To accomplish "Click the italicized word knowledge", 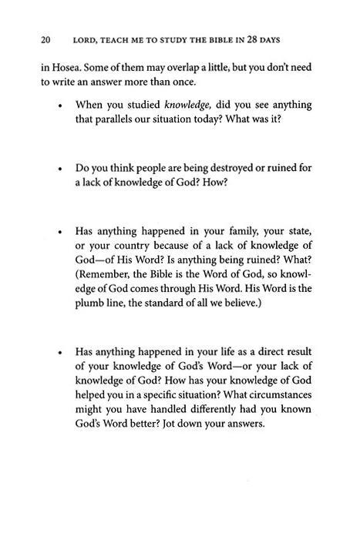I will tap(187, 104).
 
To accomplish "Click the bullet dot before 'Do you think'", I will tap(59, 168).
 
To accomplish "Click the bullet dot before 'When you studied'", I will tap(59, 105).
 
